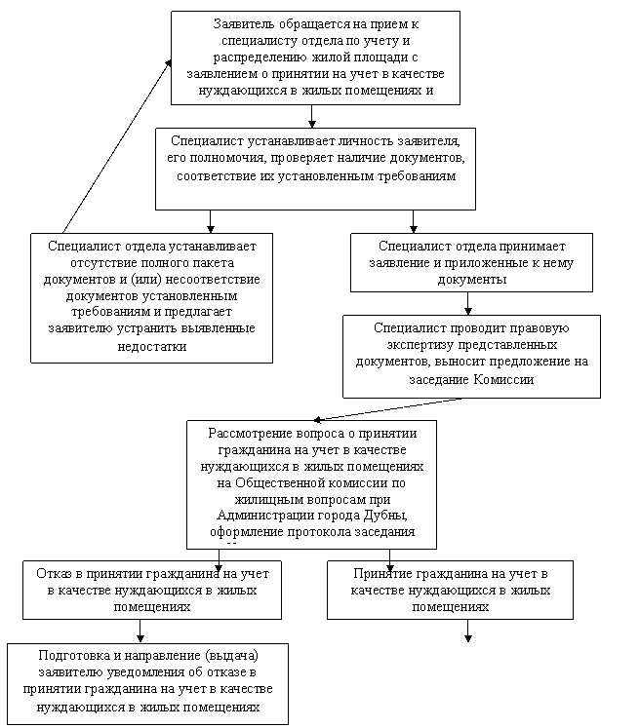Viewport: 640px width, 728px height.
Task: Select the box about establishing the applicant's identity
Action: (315, 168)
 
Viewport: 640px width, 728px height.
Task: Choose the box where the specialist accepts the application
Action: (471, 262)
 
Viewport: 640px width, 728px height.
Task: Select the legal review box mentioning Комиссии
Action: (471, 356)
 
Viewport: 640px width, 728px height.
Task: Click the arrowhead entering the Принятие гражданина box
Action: (390, 566)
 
